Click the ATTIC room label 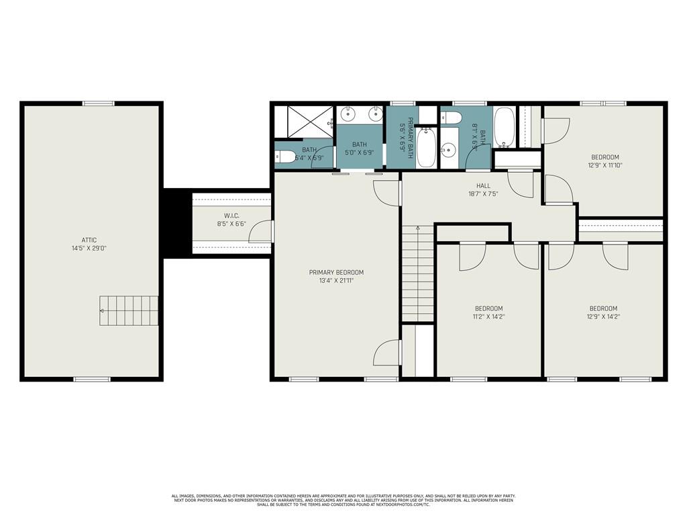pos(90,240)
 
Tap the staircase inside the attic pos(129,310)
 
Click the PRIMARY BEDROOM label pos(336,272)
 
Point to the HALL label pos(483,186)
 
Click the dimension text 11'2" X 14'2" pos(488,316)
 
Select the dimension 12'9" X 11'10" pos(604,165)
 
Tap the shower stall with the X pos(303,122)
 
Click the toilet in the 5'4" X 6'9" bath pos(283,157)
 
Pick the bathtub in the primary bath pos(426,149)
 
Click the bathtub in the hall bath pos(505,127)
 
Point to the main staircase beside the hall pos(417,274)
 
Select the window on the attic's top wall pos(98,103)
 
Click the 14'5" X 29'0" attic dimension pos(90,248)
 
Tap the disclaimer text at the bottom pos(343,499)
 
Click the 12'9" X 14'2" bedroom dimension pos(604,316)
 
